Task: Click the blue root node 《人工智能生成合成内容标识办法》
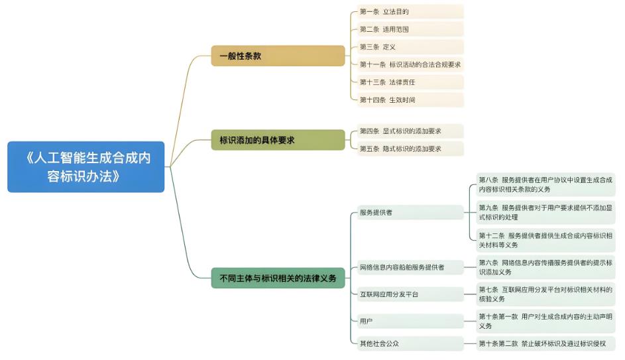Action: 85,167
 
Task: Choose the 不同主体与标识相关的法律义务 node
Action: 278,277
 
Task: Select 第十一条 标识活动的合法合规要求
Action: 409,64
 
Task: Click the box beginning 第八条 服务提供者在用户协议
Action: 545,184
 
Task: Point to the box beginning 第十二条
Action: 545,240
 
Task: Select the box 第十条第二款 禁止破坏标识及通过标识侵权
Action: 545,343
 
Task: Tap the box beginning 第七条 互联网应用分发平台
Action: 545,294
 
